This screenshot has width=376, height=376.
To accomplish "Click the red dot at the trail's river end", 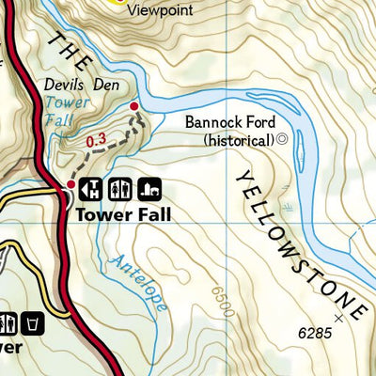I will (x=134, y=107).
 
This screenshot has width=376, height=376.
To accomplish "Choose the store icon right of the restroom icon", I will (x=147, y=187).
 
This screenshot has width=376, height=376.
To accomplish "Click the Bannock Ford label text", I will (x=228, y=122).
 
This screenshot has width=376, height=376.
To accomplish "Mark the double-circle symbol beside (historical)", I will (x=281, y=140).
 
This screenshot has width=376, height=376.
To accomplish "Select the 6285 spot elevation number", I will (x=318, y=334).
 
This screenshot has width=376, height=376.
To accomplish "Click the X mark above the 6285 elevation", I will (x=352, y=318).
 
